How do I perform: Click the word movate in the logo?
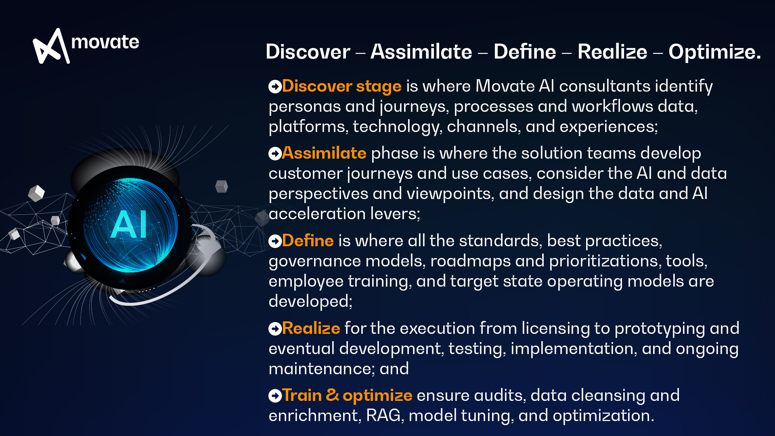point(105,42)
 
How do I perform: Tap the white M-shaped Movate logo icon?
point(50,46)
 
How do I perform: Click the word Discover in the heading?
point(308,52)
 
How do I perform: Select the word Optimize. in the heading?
point(714,52)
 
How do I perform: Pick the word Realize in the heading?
point(612,52)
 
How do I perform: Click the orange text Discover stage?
point(341,86)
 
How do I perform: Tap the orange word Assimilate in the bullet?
point(324,153)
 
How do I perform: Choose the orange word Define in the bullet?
point(308,241)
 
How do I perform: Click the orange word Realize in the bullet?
point(311,329)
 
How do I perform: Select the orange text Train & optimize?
point(347,396)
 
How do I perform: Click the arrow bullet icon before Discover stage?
point(275,86)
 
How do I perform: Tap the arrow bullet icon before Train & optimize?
point(275,396)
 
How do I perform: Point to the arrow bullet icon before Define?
point(275,241)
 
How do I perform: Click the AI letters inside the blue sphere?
point(129,224)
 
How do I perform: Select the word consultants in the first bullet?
point(604,86)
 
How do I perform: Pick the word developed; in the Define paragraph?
point(310,302)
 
